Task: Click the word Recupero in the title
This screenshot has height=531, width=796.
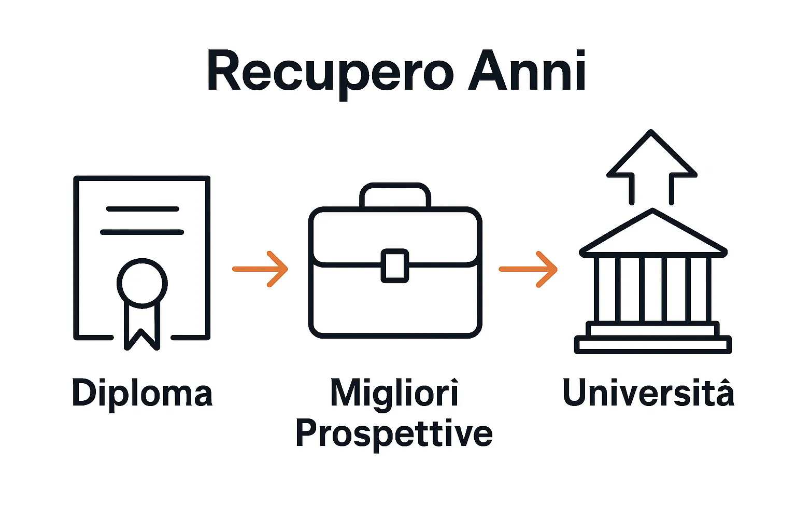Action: pyautogui.click(x=330, y=73)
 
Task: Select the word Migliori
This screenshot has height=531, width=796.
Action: pyautogui.click(x=394, y=393)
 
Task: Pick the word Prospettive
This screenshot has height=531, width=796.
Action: pyautogui.click(x=394, y=434)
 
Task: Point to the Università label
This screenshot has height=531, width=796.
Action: pyautogui.click(x=648, y=393)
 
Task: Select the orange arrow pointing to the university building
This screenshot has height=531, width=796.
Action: pyautogui.click(x=528, y=269)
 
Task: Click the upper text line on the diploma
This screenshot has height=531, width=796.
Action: pyautogui.click(x=143, y=209)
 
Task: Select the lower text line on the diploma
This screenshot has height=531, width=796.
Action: pyautogui.click(x=142, y=232)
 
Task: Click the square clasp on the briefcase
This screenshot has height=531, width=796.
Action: pyautogui.click(x=395, y=266)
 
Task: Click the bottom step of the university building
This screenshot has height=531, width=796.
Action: pyautogui.click(x=653, y=345)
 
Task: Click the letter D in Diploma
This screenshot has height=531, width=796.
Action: pyautogui.click(x=83, y=393)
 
